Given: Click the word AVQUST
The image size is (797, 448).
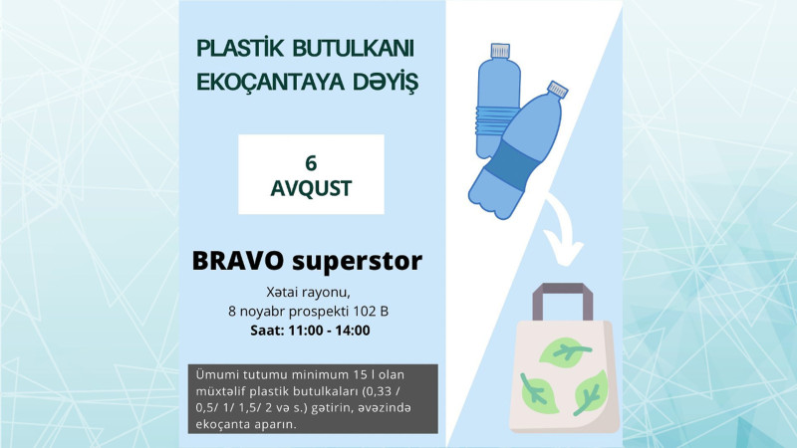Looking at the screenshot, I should coord(311,186).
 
